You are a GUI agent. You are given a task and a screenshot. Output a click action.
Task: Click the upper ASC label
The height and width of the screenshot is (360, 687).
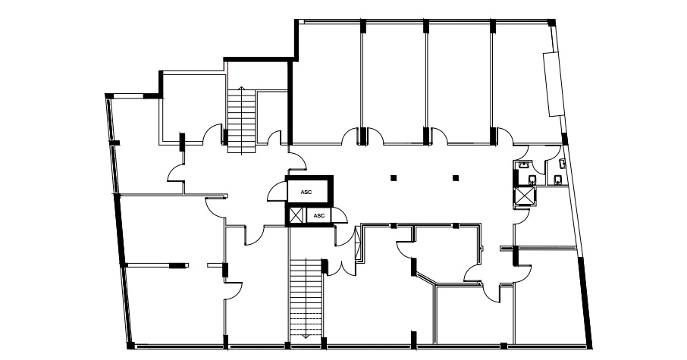click(x=306, y=193)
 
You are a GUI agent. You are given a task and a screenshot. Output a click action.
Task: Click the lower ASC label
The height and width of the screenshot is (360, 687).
click(x=319, y=215)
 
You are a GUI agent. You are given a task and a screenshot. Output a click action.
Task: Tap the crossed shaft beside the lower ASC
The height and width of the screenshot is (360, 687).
click(x=296, y=216)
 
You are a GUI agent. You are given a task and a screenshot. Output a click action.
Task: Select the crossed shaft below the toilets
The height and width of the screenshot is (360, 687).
click(x=525, y=196)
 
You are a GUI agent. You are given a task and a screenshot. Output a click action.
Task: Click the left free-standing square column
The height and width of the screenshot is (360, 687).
click(x=394, y=178)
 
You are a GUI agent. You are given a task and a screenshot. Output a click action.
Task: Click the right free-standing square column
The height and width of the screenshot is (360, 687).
click(x=456, y=178)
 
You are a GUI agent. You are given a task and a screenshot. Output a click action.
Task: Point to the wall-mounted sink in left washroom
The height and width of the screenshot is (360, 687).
click(x=523, y=164)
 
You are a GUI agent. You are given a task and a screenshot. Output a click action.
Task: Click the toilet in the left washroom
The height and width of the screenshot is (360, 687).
click(x=532, y=179)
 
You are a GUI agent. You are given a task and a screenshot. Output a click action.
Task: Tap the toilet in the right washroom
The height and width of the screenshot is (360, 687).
click(x=558, y=180)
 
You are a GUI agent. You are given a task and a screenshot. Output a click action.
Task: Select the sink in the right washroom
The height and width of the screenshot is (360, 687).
click(x=563, y=164)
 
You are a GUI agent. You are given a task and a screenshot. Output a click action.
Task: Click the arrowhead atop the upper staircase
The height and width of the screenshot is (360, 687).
click(x=241, y=88)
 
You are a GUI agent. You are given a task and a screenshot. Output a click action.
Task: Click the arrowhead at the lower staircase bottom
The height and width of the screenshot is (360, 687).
click(x=306, y=337)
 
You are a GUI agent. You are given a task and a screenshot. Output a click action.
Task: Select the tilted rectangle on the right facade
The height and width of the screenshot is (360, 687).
click(x=554, y=83)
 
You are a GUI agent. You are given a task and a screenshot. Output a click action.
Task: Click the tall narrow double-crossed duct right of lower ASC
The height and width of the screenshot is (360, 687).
click(x=359, y=243)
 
